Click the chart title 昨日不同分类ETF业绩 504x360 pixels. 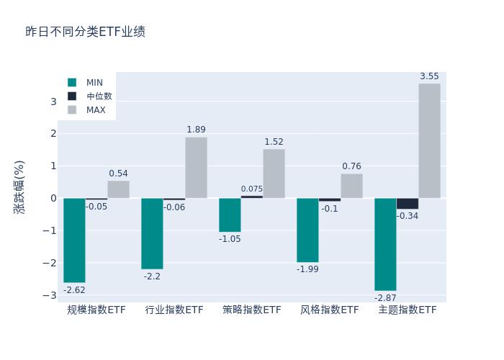click(86, 32)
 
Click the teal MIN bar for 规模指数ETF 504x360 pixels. click(74, 240)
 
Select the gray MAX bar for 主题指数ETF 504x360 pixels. click(429, 140)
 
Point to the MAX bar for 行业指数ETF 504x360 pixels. click(196, 167)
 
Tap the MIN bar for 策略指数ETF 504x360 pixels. click(230, 215)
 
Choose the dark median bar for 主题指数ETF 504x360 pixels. click(407, 203)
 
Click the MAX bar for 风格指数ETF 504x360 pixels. click(351, 186)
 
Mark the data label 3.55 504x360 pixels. click(429, 76)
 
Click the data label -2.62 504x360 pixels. click(74, 290)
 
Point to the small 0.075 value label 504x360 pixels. click(252, 189)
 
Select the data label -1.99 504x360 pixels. click(307, 269)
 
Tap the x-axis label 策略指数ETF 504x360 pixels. click(252, 310)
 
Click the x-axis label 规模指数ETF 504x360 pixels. click(96, 310)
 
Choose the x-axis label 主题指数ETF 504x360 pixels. click(408, 310)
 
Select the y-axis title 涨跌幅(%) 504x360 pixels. click(19, 186)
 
